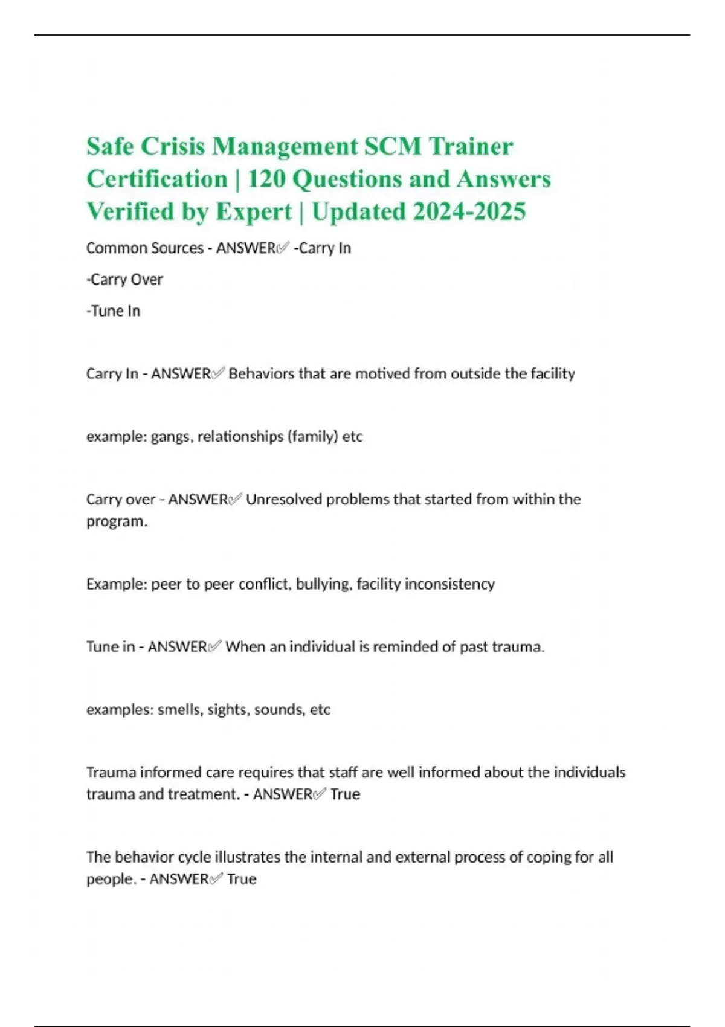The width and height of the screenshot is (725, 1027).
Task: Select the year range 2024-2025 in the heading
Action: coord(469,212)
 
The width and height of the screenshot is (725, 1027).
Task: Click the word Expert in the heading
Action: coord(254,212)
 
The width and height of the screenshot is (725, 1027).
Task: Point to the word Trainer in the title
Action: coord(471,147)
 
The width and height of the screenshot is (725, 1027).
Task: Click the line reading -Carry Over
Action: coord(124,280)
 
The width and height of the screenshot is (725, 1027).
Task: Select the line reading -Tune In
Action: coord(113,311)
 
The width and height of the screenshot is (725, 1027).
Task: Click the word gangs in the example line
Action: coord(171,437)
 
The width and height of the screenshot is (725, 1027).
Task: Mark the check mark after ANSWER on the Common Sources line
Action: coord(283,248)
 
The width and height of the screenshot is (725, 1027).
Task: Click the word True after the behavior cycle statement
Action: coord(242,879)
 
